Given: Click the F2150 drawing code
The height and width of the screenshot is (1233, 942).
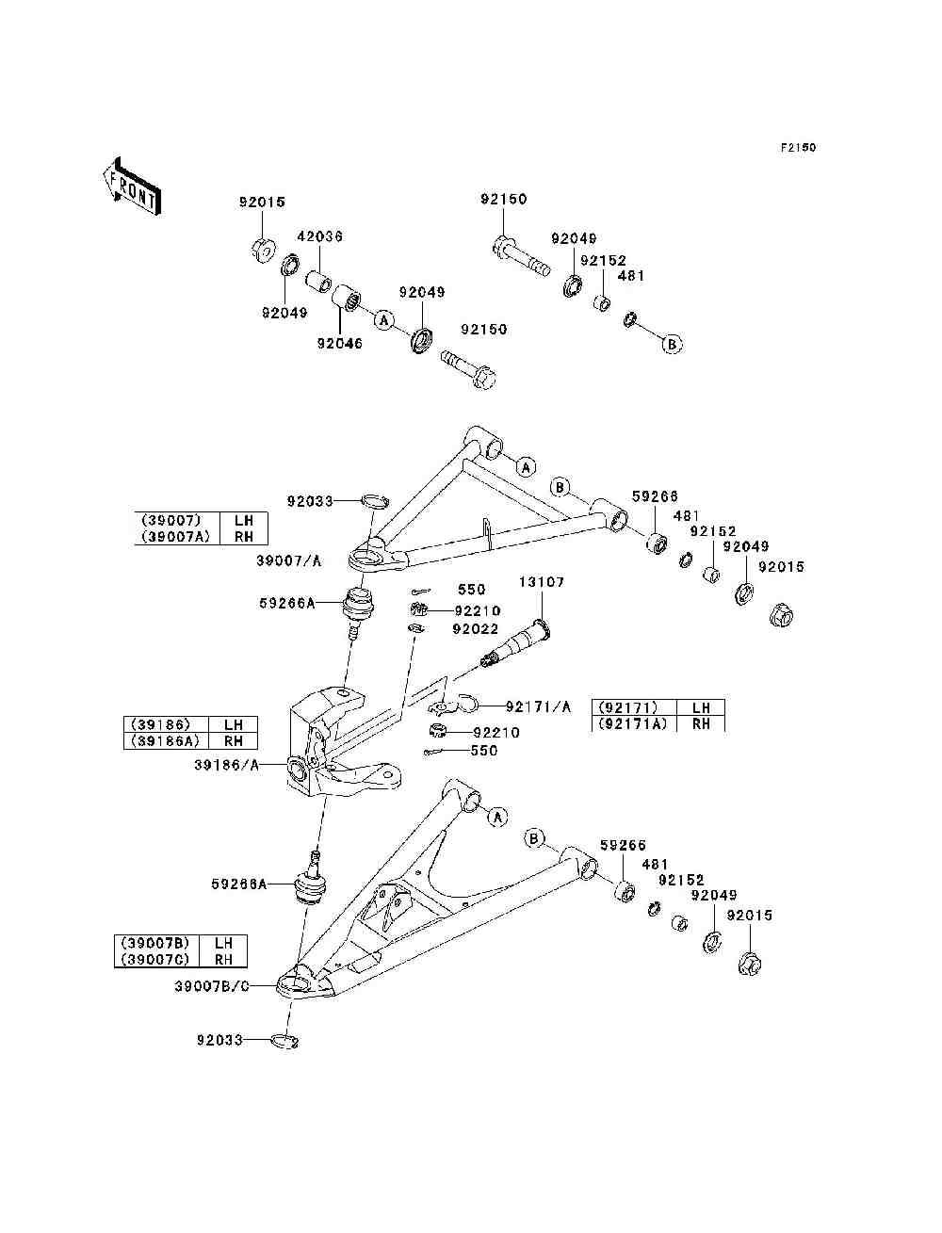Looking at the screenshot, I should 797,148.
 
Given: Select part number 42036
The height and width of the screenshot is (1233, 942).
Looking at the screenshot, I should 319,236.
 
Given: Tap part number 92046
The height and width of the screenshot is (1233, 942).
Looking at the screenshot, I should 339,344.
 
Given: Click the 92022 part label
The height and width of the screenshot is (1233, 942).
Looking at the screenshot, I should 475,629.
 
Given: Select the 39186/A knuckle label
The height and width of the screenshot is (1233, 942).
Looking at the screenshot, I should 226,766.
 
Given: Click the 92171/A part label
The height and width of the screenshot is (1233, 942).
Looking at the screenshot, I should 538,706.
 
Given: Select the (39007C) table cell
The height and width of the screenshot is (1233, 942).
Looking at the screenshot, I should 156,959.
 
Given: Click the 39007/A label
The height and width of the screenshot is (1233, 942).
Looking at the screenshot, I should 288,560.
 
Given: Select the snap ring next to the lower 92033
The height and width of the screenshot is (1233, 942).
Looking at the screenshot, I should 284,1041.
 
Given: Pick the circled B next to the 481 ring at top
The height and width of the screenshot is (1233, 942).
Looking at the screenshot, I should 672,344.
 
